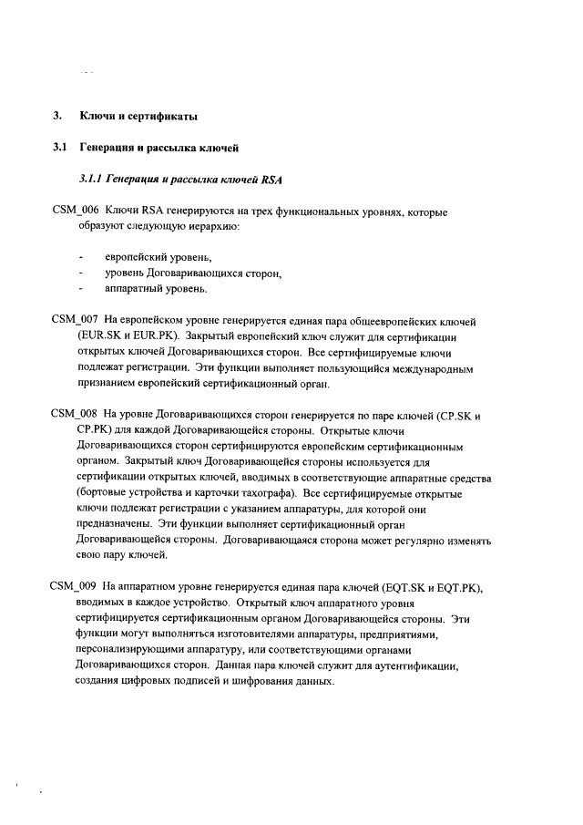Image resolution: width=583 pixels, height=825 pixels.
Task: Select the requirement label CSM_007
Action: pos(74,322)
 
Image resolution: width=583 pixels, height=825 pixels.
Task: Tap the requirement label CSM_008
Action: pos(74,415)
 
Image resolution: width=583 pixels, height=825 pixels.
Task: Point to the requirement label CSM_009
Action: pos(74,586)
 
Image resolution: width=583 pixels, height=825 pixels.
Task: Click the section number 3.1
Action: pos(60,146)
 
